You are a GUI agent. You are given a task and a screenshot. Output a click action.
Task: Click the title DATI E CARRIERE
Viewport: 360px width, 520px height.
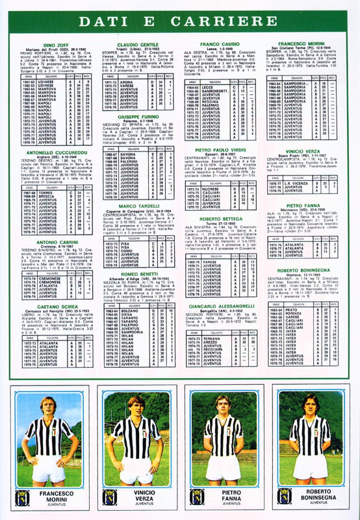[x=180, y=23]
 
